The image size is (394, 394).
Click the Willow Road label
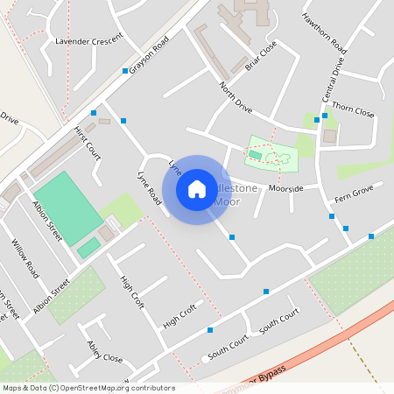click(x=25, y=257)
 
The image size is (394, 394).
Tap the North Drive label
click(x=236, y=98)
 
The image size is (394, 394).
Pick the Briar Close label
click(x=261, y=55)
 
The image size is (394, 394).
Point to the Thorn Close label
click(x=353, y=113)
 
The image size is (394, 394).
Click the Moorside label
click(x=286, y=188)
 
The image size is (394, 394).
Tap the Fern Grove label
click(x=354, y=192)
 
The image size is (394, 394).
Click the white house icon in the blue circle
click(x=197, y=189)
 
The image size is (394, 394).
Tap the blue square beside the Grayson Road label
click(x=125, y=70)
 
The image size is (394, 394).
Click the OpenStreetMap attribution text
click(x=88, y=388)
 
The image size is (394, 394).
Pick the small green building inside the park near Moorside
click(x=255, y=155)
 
